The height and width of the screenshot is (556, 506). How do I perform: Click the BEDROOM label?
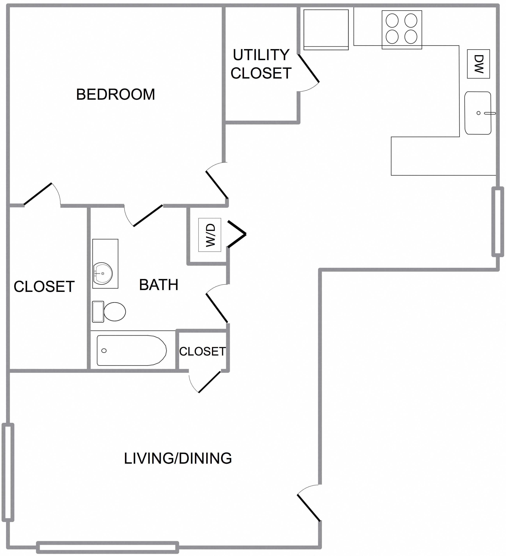(115, 94)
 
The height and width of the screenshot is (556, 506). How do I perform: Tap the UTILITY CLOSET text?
(261, 64)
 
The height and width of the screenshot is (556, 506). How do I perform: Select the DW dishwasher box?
(478, 64)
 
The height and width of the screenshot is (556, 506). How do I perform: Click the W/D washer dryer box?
(210, 235)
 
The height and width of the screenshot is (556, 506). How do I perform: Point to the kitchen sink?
(478, 113)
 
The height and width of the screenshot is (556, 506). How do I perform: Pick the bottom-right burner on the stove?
(411, 37)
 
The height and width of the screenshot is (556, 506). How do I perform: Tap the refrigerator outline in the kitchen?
(326, 29)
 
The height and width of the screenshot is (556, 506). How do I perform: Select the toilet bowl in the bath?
(114, 312)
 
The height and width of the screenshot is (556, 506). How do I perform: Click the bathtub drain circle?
(104, 351)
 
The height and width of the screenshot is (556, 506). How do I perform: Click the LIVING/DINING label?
(178, 458)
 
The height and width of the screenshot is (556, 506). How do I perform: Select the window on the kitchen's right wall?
(498, 222)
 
